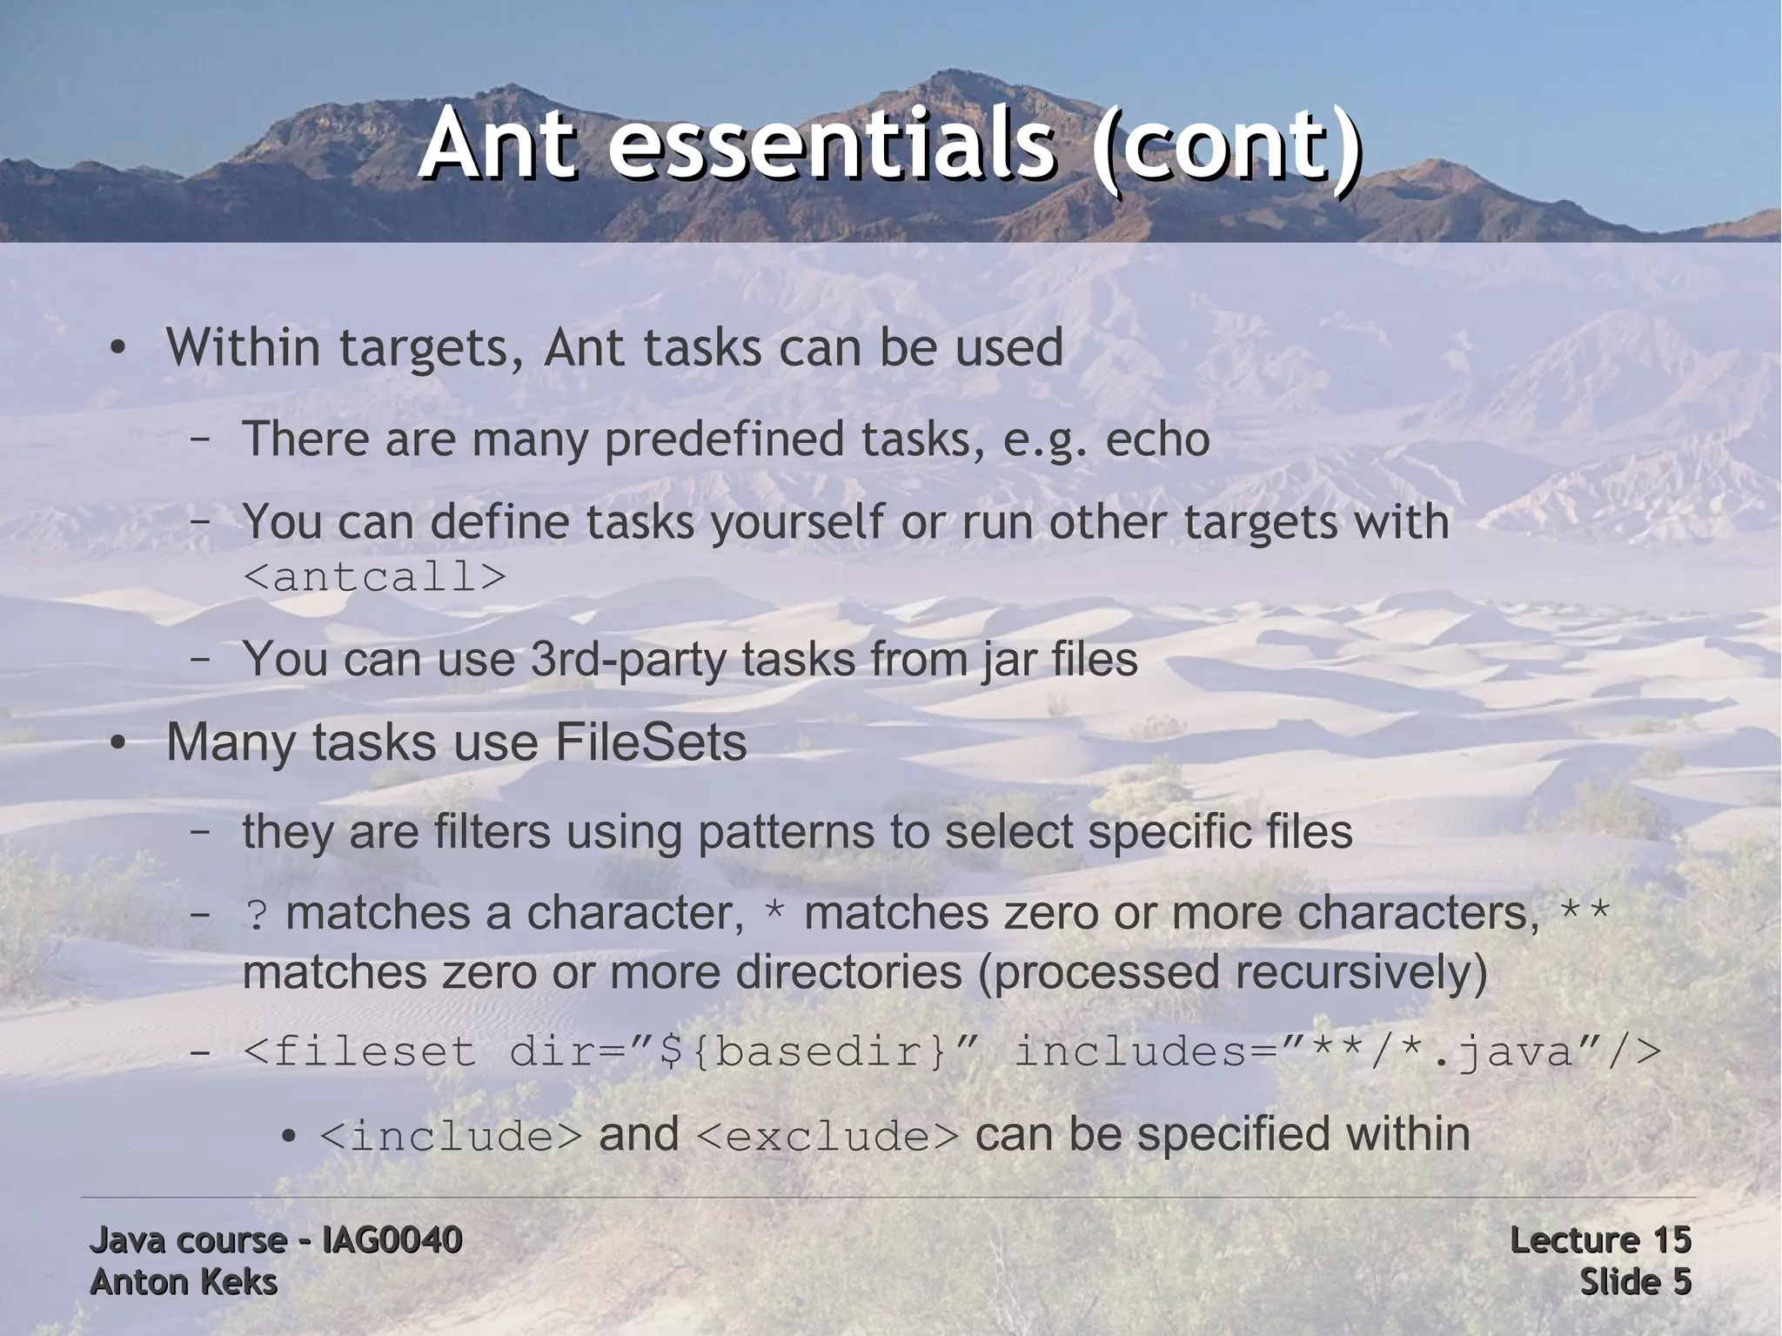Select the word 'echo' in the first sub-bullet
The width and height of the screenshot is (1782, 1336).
coord(1157,439)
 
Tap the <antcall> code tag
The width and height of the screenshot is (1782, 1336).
coord(374,576)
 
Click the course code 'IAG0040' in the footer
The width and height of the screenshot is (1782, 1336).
coord(392,1240)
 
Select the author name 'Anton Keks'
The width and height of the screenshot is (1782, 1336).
coord(184,1282)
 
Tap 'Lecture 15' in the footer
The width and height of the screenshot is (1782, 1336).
coord(1600,1240)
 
